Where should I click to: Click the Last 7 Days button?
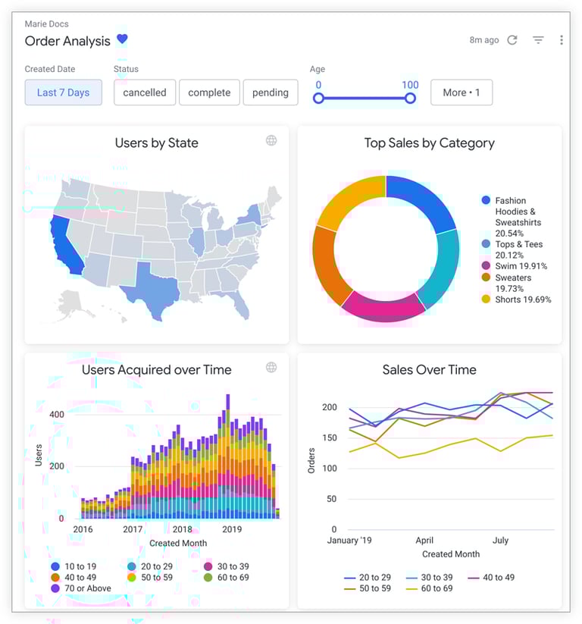click(x=63, y=93)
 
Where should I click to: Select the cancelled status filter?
click(x=145, y=93)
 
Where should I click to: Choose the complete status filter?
click(x=209, y=93)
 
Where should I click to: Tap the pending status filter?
click(x=271, y=93)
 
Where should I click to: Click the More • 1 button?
click(x=461, y=93)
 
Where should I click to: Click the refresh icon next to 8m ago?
click(x=512, y=40)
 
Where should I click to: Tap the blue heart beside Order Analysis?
click(x=122, y=39)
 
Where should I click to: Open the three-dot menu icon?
click(x=561, y=40)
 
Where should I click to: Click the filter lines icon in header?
click(x=538, y=40)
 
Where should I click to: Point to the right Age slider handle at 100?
click(x=410, y=98)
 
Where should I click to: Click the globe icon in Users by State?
click(x=271, y=140)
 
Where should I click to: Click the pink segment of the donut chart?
click(x=383, y=305)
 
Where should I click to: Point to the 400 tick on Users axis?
click(x=57, y=415)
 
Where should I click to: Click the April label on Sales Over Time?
click(x=424, y=541)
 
